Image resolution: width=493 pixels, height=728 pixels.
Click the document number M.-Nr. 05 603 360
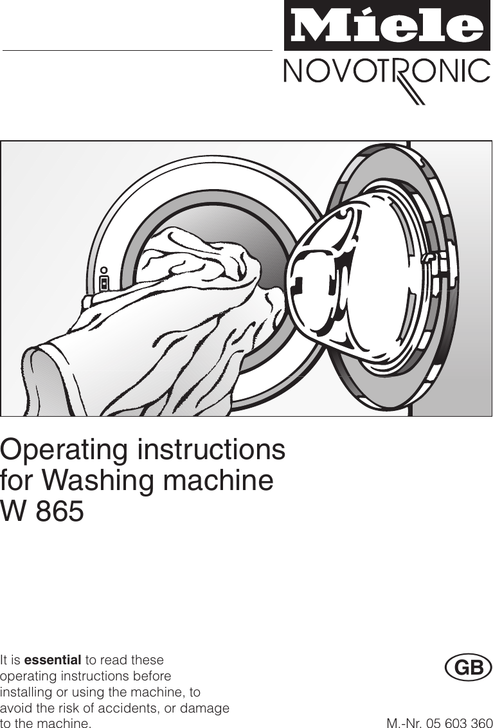click(439, 723)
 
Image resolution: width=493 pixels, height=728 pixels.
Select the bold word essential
click(52, 660)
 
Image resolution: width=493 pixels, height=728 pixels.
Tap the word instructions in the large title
click(211, 450)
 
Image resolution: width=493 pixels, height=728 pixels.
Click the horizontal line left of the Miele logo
click(138, 50)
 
